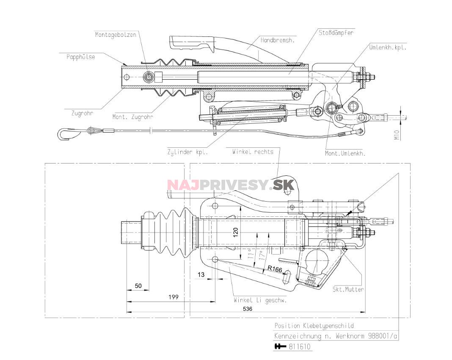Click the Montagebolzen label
(116, 35)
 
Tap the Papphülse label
(80, 57)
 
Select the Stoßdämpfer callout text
(336, 32)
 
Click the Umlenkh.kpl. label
(387, 48)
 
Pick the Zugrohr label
(82, 113)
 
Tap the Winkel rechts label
(253, 152)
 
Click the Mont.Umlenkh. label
(345, 153)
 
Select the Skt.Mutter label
(348, 290)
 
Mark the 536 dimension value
(248, 309)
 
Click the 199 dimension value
(173, 297)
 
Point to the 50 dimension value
(138, 286)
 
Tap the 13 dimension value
(201, 274)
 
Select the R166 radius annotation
(275, 268)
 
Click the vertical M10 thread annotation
(397, 135)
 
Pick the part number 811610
(300, 347)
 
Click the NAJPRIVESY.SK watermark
(225, 185)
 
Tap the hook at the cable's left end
(64, 133)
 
